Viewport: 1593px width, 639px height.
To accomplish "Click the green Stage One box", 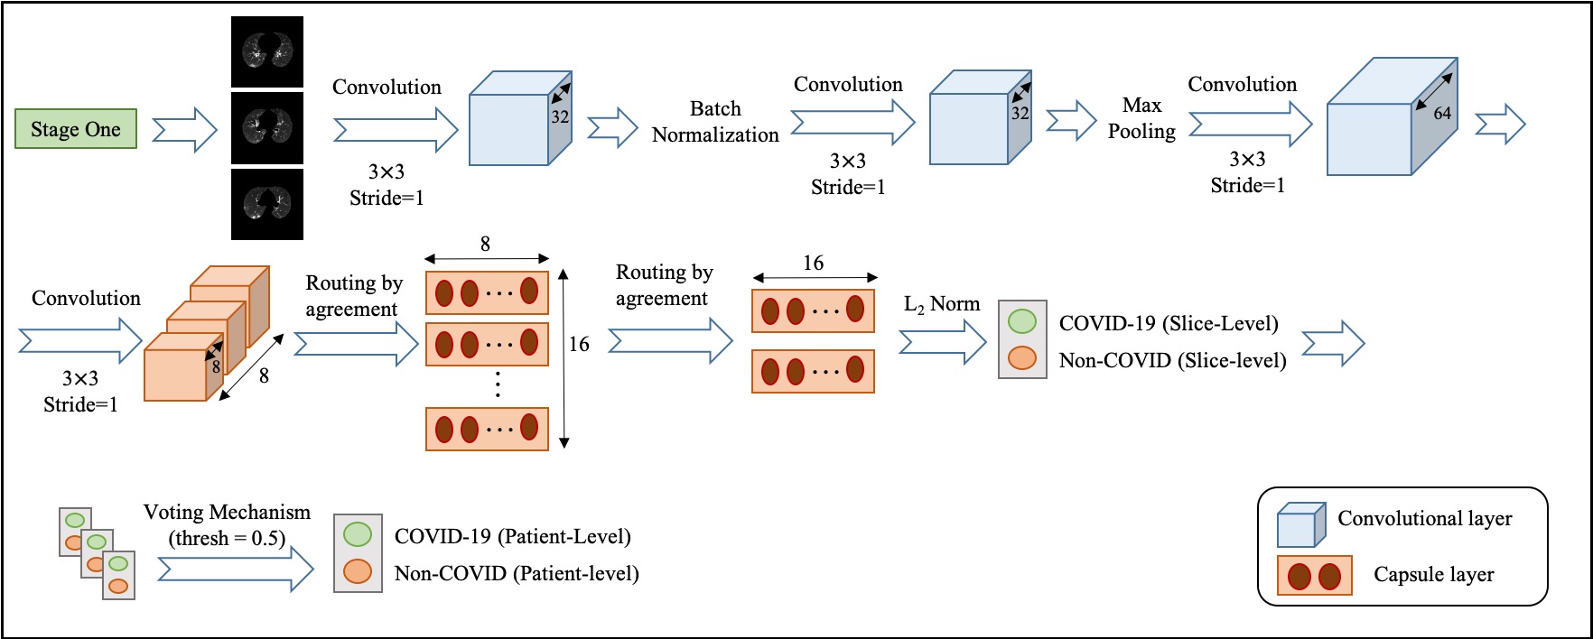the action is [x=76, y=128].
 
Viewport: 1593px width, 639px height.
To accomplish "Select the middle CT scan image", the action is [x=267, y=127].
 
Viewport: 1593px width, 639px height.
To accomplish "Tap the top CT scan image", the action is [x=267, y=51].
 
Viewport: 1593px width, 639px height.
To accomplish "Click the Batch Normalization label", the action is [x=715, y=122].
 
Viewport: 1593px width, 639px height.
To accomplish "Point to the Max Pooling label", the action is [x=1141, y=118].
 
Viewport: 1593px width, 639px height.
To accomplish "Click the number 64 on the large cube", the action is [x=1442, y=113].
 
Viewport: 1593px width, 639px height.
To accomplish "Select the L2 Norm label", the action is [x=942, y=304].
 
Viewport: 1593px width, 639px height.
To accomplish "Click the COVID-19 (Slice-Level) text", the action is [x=1169, y=323].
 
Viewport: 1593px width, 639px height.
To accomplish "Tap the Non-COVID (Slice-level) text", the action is [x=1173, y=360].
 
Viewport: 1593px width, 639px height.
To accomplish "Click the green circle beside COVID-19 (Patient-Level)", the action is [x=358, y=533].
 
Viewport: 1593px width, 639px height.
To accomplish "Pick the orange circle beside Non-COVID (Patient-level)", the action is [x=358, y=571].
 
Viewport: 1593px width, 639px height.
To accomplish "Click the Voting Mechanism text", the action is [x=227, y=512].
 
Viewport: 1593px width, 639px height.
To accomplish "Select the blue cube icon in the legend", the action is [x=1300, y=525].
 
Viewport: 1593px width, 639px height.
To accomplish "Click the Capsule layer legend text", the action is [x=1434, y=574].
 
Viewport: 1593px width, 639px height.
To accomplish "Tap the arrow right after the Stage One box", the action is [x=185, y=130].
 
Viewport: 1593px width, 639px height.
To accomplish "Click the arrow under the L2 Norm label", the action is [x=943, y=342].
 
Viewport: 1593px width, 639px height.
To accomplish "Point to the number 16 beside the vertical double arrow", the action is [x=579, y=344].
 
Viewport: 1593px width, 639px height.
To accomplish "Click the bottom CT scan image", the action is [x=267, y=204].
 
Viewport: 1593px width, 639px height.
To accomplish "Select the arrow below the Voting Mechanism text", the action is [x=236, y=570].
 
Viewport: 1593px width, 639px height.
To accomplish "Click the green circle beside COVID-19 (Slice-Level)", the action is [x=1022, y=320].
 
